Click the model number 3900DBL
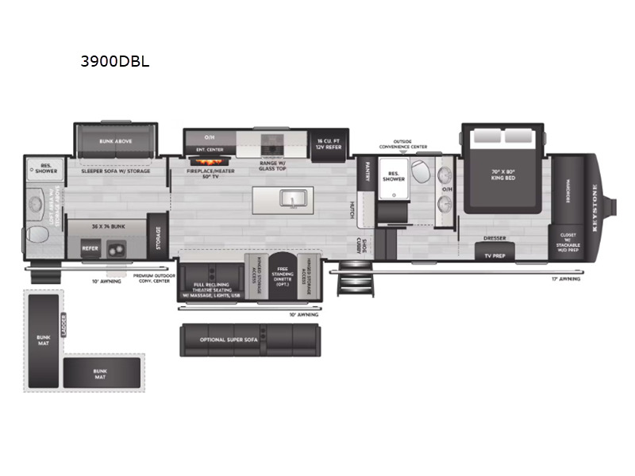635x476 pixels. [115, 60]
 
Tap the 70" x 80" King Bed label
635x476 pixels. [504, 175]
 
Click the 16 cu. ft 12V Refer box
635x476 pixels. [327, 143]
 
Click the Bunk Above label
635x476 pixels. [116, 141]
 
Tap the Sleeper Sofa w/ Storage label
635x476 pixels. [116, 171]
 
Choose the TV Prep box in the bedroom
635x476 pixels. [495, 255]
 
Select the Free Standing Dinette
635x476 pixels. [283, 278]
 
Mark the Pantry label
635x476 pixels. [368, 173]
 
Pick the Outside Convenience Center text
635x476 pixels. [402, 144]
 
